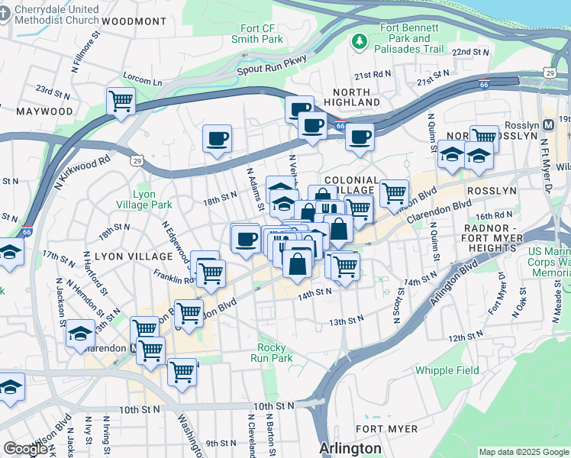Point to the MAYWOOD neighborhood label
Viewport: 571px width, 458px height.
tap(44, 111)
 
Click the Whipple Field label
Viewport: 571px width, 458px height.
tap(447, 371)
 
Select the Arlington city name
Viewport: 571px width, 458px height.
tap(350, 447)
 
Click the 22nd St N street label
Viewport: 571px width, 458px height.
tap(469, 52)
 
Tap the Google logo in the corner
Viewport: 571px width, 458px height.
tap(25, 449)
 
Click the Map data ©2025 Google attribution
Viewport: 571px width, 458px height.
tap(524, 452)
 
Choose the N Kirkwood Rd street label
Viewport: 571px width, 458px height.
tap(82, 173)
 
